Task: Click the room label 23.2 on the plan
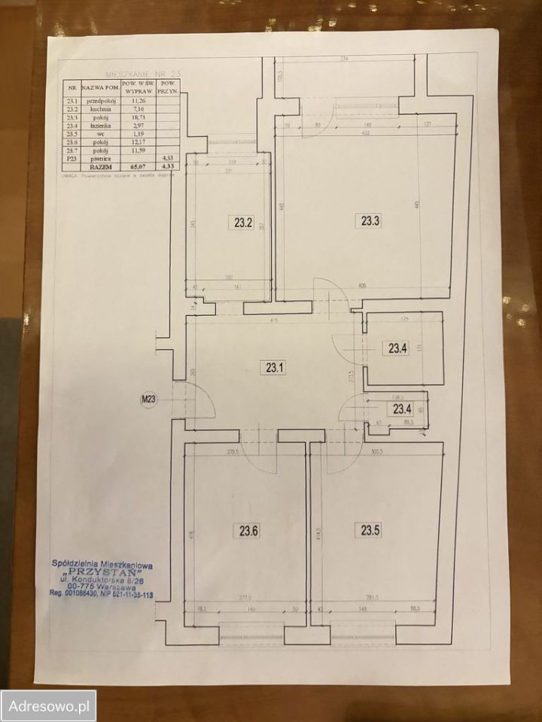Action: coord(242,222)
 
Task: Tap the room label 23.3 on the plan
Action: coord(370,221)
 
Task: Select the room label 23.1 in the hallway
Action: coord(273,368)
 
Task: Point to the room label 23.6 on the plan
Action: coord(249,530)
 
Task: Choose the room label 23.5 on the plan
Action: coord(370,530)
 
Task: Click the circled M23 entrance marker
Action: coord(147,399)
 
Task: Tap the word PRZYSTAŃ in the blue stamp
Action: coord(103,571)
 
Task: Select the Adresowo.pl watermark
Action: coord(49,706)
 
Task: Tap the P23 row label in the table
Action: coord(72,159)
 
